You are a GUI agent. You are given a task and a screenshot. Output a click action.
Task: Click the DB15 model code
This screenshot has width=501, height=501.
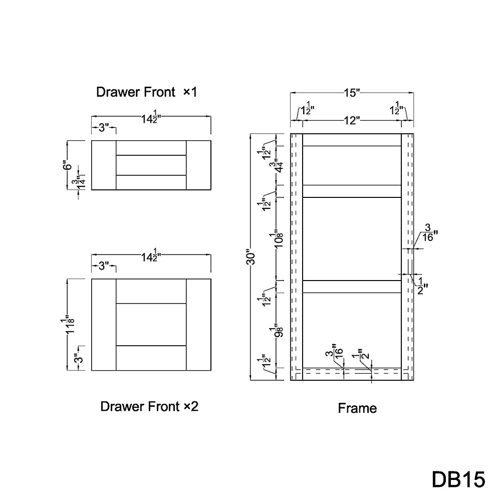(458, 479)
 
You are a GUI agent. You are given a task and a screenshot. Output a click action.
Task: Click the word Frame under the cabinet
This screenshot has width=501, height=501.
(357, 408)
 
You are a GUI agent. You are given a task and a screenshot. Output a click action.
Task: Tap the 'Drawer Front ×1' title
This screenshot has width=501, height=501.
(147, 92)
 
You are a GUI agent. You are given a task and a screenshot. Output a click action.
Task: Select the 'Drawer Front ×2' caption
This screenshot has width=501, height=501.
(149, 406)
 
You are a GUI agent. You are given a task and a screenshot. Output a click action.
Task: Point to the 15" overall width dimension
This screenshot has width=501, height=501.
(352, 93)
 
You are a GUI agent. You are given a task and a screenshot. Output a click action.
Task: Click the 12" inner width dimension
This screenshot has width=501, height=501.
(352, 121)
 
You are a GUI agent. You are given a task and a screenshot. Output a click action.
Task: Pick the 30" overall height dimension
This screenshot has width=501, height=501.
(252, 257)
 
